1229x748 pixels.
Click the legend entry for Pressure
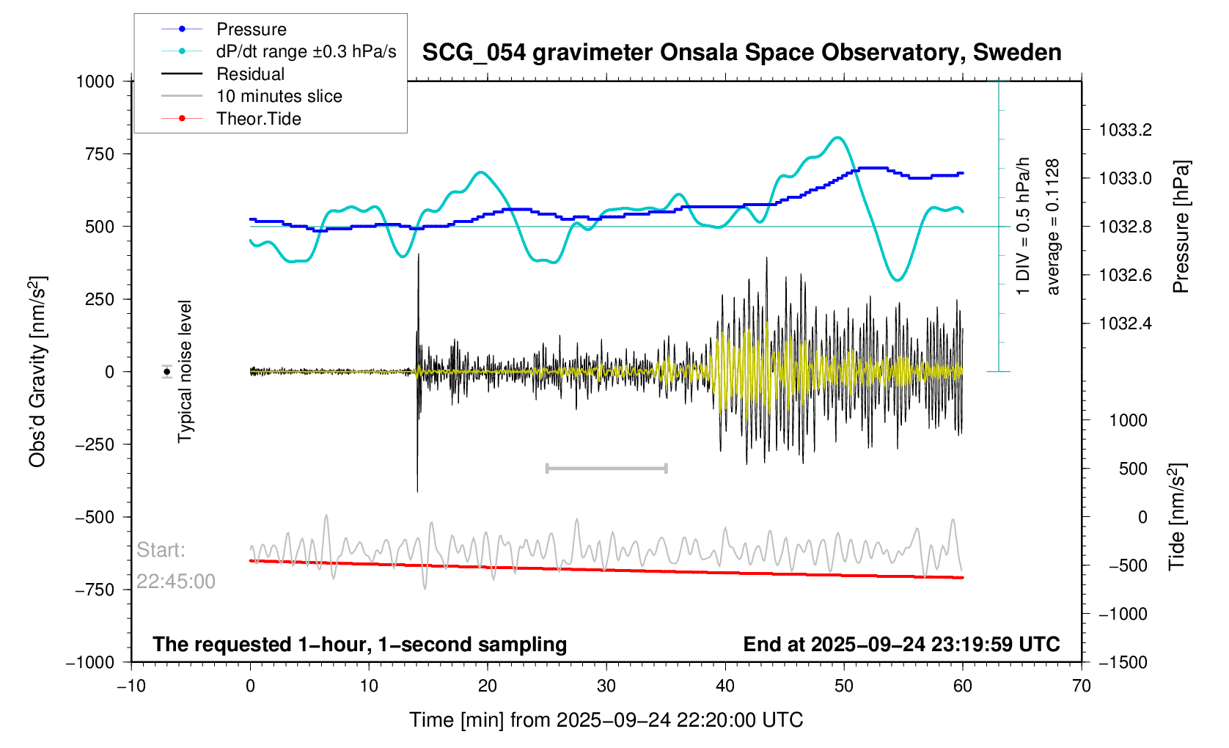251,29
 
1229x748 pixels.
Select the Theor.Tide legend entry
258,119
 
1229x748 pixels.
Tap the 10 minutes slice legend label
279,96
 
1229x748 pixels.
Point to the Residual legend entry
250,74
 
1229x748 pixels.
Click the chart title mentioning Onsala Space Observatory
741,53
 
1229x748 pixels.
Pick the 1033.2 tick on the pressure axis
1125,131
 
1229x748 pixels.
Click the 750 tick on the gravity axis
100,154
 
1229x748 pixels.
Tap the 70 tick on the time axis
1081,686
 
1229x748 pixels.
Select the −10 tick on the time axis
131,686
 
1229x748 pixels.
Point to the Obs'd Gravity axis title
37,372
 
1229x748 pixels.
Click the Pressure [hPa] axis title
1180,227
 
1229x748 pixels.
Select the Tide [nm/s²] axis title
1177,517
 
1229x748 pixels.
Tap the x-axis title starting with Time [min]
606,720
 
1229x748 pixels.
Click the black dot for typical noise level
167,372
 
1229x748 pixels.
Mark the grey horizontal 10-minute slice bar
606,468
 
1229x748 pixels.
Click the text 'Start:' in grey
161,550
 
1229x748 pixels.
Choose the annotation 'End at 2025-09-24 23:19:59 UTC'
901,645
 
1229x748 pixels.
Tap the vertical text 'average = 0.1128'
1053,227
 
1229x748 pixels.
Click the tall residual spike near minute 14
418,308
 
